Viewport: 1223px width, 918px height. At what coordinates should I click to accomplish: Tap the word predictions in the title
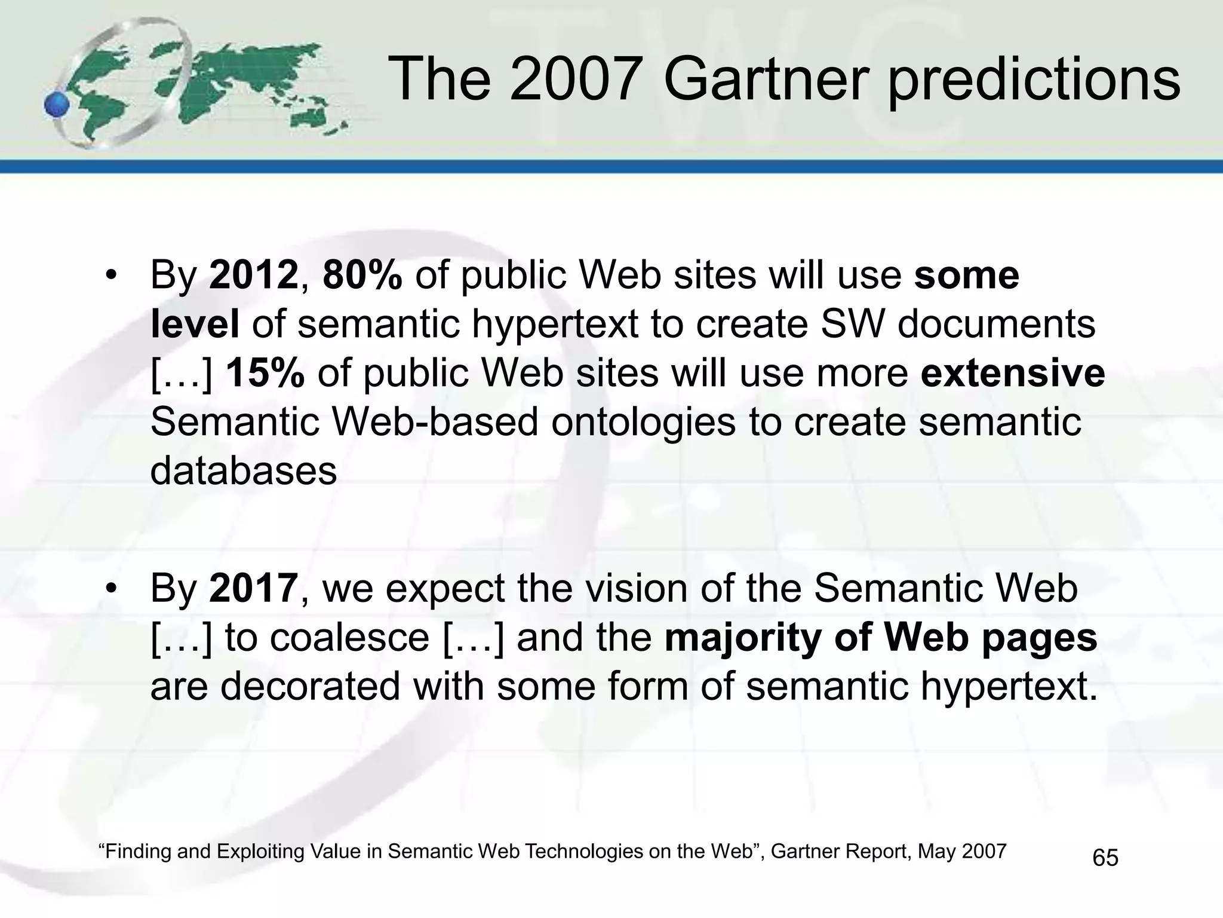1034,81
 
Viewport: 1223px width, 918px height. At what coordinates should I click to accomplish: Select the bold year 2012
253,276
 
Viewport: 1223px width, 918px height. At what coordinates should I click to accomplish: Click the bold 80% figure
362,276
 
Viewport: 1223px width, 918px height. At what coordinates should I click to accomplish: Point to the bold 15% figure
265,374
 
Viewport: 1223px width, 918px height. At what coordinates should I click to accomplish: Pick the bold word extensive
1012,374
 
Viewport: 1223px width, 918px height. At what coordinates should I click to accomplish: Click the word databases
244,471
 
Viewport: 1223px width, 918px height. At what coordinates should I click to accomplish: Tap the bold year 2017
253,588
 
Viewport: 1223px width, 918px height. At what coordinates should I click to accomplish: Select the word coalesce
349,638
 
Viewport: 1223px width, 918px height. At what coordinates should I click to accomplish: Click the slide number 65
1105,858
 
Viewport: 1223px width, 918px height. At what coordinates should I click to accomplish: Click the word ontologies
643,423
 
